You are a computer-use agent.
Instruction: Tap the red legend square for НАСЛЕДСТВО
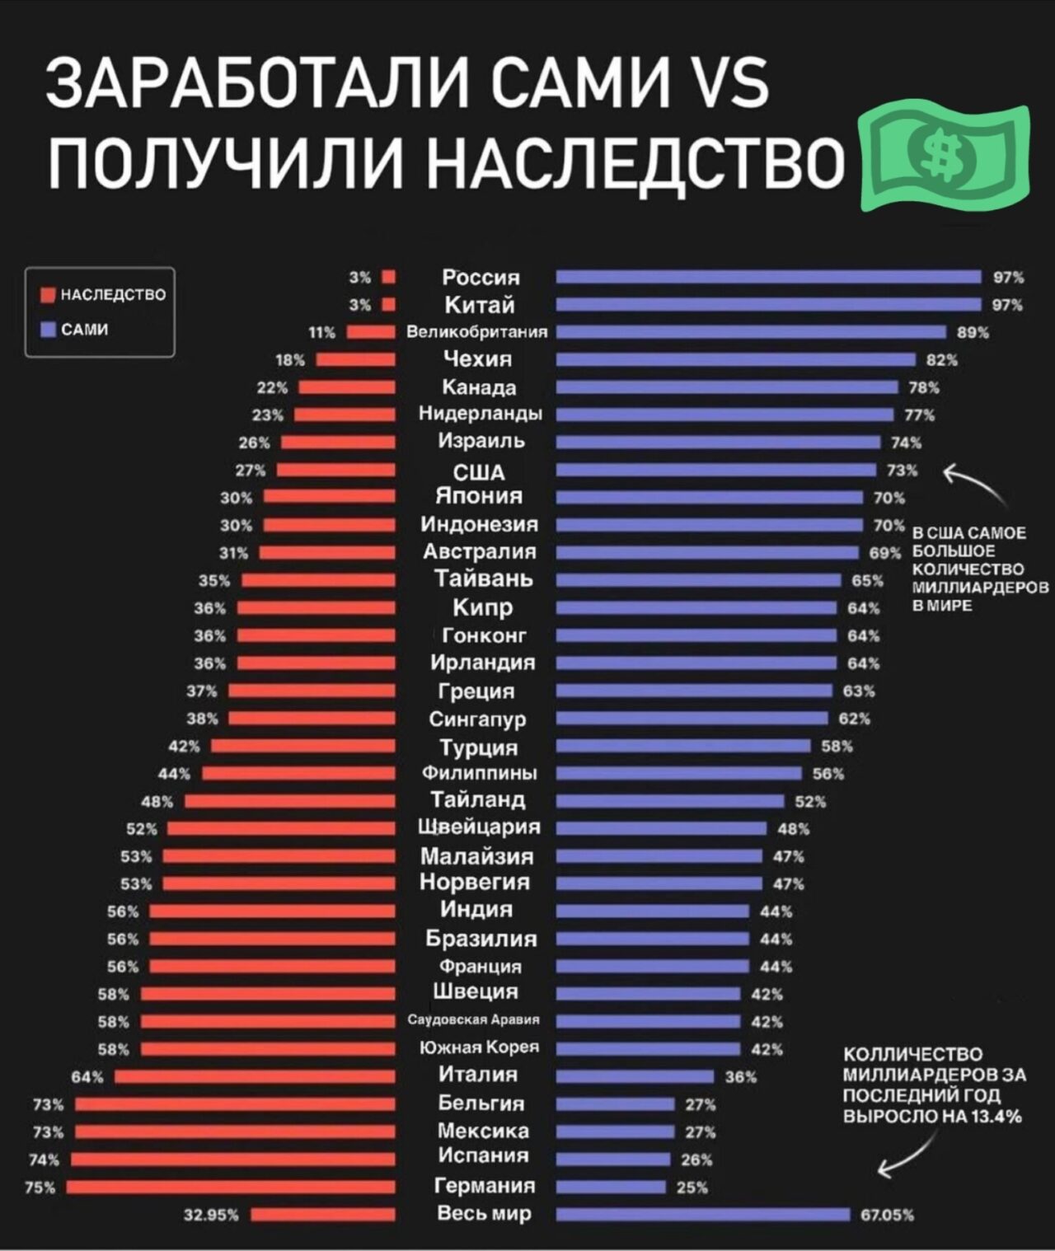pos(48,294)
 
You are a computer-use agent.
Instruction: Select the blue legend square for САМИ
pos(48,330)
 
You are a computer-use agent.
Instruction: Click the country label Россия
pos(481,277)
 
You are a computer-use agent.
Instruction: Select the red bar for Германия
pos(231,1187)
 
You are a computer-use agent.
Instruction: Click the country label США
pos(480,471)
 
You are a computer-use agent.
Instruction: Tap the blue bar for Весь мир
pos(702,1214)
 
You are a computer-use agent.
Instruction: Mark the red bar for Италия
pos(255,1076)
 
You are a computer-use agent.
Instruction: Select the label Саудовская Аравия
pos(473,1020)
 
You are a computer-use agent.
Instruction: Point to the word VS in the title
pos(724,83)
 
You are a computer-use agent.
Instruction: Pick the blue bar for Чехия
pos(735,359)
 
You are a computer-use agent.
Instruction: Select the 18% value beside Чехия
pos(290,359)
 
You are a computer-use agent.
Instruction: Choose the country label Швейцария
pos(480,827)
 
